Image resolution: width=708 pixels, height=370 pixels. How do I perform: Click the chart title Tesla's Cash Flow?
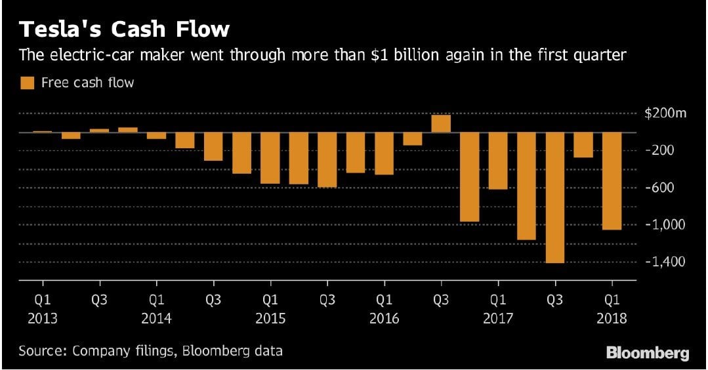click(x=124, y=30)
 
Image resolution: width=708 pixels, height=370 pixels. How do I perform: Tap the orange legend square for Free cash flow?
click(x=27, y=83)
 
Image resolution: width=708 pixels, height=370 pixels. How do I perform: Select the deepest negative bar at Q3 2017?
click(x=554, y=197)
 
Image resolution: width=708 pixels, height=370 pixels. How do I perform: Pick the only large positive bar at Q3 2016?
click(x=441, y=123)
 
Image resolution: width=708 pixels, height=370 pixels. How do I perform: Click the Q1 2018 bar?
click(x=612, y=180)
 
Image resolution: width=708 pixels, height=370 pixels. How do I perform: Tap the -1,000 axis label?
click(x=666, y=224)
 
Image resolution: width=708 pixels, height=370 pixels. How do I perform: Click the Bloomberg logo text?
click(x=647, y=354)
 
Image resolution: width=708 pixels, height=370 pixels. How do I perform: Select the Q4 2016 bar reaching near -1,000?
click(x=469, y=176)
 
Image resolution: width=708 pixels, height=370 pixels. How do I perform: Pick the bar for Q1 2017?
click(x=498, y=161)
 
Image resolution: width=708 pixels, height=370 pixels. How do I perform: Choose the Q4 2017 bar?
click(x=583, y=145)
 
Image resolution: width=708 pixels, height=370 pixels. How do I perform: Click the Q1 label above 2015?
click(x=270, y=301)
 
